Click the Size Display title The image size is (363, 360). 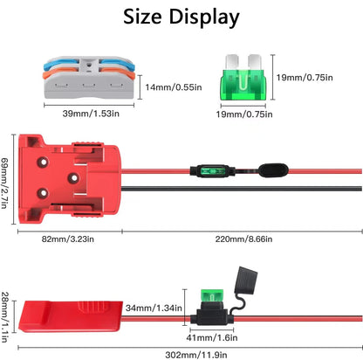(181, 17)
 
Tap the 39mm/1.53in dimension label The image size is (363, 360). (91, 114)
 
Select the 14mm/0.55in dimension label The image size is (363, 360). (174, 87)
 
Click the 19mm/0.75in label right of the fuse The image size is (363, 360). (305, 77)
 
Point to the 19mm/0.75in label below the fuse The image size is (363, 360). (244, 114)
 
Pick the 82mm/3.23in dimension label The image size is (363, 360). (68, 239)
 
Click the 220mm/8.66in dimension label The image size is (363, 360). (243, 239)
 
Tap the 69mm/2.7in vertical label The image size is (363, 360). (4, 183)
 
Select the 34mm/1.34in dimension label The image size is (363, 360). (154, 308)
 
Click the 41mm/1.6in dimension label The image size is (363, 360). (212, 337)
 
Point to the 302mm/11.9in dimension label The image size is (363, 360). (196, 355)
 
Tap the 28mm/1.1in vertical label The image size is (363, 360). (4, 317)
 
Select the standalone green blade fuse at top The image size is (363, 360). (243, 78)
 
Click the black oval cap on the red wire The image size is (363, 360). (273, 170)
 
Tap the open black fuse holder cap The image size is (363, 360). (246, 280)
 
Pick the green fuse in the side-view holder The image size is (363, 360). (212, 296)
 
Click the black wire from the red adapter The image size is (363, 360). (242, 189)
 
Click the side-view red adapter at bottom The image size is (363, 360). (71, 316)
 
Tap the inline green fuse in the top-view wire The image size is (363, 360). (212, 170)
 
